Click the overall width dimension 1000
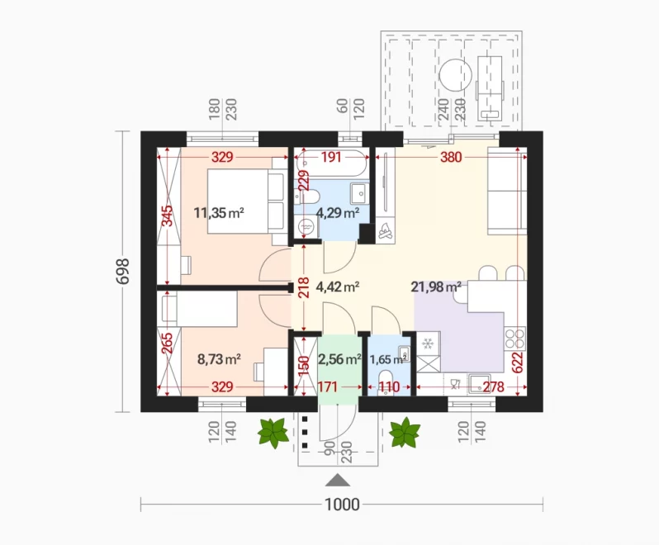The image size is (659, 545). (342, 505)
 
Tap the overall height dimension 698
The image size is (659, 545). (123, 272)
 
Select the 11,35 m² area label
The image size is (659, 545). (219, 212)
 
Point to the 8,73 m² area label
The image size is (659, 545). (219, 359)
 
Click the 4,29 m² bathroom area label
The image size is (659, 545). (338, 213)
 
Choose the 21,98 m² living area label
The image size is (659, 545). (436, 287)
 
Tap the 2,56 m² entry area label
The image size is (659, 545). (339, 359)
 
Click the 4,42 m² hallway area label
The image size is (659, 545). (338, 287)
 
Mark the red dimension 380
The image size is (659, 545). (451, 157)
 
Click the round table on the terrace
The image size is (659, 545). (455, 75)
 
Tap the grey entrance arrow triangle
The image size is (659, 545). (338, 480)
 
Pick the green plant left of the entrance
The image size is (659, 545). (273, 433)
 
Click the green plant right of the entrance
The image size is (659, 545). (405, 433)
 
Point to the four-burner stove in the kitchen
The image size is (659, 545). (514, 339)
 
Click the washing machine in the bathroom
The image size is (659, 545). (306, 227)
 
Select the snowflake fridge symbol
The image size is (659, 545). (428, 344)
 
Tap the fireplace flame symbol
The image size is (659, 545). (386, 230)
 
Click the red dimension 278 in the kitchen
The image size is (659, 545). (493, 387)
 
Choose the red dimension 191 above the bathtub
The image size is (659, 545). (331, 157)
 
